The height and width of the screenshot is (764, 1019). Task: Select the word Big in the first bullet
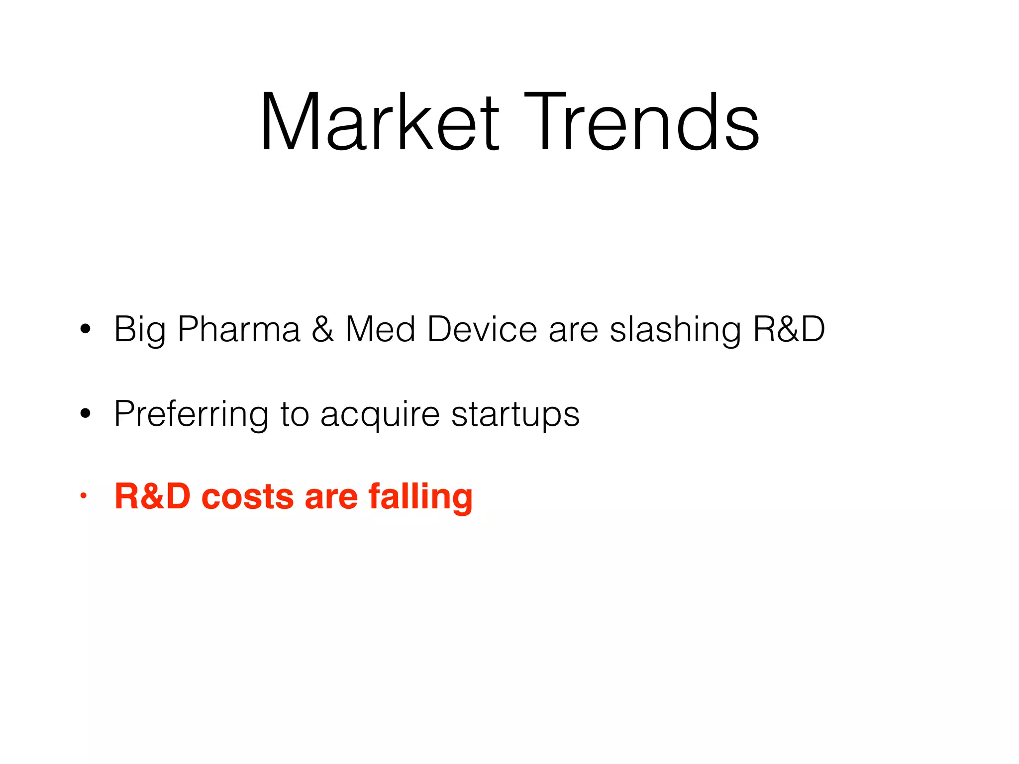click(140, 330)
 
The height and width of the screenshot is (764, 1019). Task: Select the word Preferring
click(191, 414)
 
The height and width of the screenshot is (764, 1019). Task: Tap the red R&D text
click(152, 496)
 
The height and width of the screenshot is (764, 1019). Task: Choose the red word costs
click(247, 496)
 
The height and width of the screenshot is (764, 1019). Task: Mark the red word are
click(331, 496)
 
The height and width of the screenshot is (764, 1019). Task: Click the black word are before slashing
click(573, 330)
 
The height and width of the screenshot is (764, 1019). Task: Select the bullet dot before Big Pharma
click(85, 329)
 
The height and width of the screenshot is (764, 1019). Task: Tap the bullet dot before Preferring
click(85, 413)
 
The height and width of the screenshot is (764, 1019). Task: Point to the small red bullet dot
click(84, 495)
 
